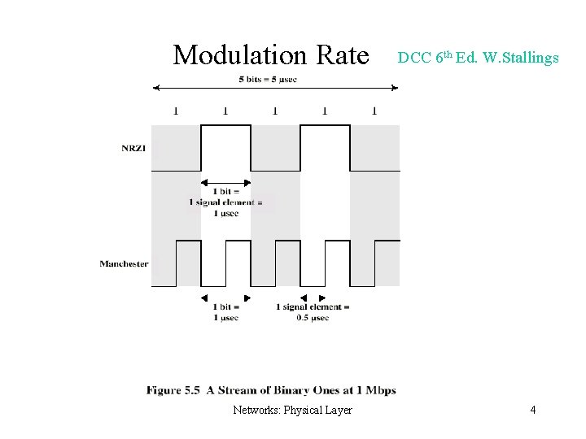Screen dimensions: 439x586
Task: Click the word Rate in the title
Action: tap(342, 55)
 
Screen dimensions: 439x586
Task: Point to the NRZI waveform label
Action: tap(133, 148)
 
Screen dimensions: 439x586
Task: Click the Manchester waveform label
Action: tap(124, 263)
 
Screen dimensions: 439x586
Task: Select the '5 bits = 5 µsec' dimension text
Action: tap(268, 79)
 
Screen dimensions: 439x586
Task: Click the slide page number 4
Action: tap(532, 410)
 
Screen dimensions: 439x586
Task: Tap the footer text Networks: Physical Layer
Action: tap(292, 410)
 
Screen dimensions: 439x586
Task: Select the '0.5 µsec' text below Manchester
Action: tap(313, 318)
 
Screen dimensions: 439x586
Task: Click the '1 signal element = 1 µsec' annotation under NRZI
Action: tap(226, 202)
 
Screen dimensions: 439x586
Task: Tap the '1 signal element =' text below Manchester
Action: tap(313, 307)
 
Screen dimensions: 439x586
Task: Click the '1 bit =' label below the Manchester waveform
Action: tap(225, 307)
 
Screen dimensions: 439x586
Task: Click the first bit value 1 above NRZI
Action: tap(176, 111)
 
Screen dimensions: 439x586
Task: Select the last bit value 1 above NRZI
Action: tap(374, 111)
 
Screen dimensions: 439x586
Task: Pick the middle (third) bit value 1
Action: tap(275, 111)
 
